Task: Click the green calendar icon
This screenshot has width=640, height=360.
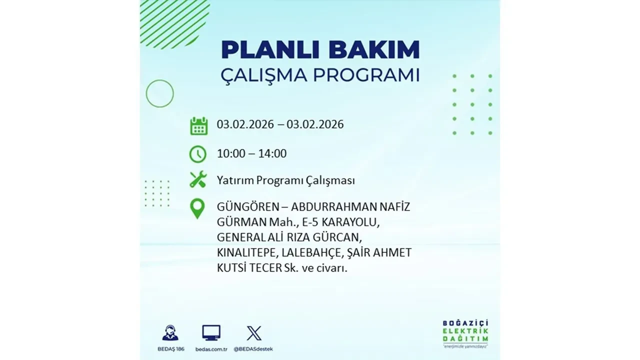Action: pyautogui.click(x=198, y=125)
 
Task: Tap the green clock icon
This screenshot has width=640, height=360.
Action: pyautogui.click(x=198, y=154)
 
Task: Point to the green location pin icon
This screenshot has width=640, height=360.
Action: pyautogui.click(x=198, y=208)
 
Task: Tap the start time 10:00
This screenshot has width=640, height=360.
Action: pyautogui.click(x=231, y=153)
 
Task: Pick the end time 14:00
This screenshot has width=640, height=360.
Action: pyautogui.click(x=272, y=153)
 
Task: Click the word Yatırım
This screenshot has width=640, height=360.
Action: pyautogui.click(x=234, y=180)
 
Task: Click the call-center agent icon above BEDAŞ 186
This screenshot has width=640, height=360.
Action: pyautogui.click(x=170, y=333)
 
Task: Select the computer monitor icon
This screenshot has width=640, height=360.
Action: pyautogui.click(x=211, y=333)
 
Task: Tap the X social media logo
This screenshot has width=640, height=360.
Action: pyautogui.click(x=254, y=333)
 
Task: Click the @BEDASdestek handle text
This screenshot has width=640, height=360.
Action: pyautogui.click(x=254, y=348)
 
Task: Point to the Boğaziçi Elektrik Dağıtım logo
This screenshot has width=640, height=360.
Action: pyautogui.click(x=465, y=332)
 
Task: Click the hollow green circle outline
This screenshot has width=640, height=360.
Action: pyautogui.click(x=159, y=93)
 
